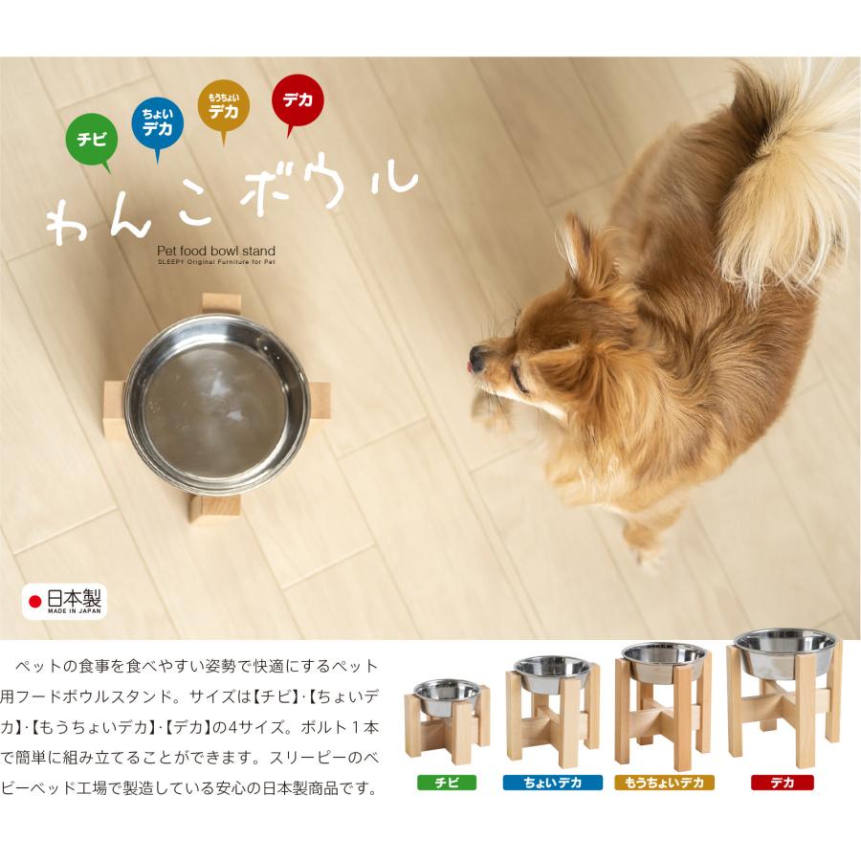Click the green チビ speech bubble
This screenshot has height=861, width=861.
click(91, 138)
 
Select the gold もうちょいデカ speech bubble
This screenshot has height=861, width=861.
click(224, 105)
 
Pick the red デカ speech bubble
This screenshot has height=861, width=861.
click(298, 99)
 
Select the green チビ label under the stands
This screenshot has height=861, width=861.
click(447, 783)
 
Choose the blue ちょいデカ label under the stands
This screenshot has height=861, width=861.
click(552, 783)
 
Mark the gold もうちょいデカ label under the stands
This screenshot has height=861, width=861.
click(664, 783)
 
